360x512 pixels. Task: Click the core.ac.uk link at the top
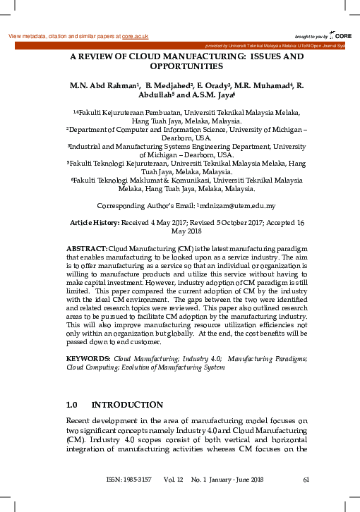click(135, 36)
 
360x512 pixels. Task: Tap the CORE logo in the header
click(341, 35)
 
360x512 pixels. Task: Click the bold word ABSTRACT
click(86, 250)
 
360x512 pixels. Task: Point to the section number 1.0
click(71, 406)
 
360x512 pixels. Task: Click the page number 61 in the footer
click(306, 481)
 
